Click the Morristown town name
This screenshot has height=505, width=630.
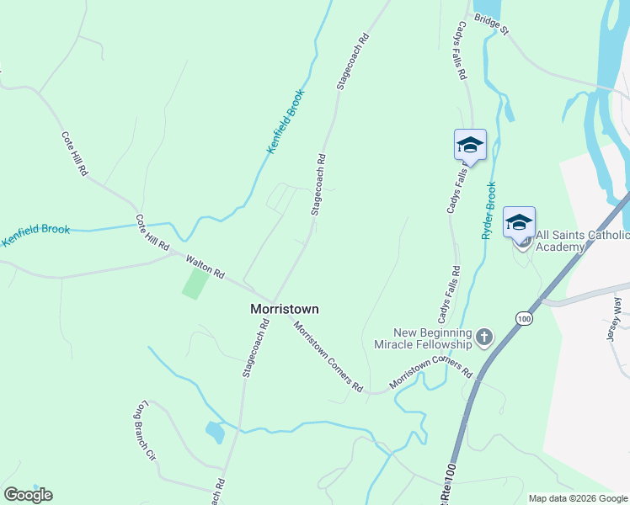pyautogui.click(x=285, y=309)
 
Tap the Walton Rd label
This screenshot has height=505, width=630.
pyautogui.click(x=206, y=268)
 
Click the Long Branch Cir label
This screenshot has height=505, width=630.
pyautogui.click(x=146, y=433)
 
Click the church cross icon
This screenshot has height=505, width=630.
pyautogui.click(x=483, y=338)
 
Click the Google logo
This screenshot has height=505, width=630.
pyautogui.click(x=28, y=495)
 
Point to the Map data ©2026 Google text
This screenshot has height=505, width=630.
pyautogui.click(x=579, y=498)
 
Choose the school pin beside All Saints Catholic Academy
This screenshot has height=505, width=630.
pyautogui.click(x=519, y=223)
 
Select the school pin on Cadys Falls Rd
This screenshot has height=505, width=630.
pyautogui.click(x=470, y=146)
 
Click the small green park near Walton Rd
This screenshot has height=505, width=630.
pyautogui.click(x=195, y=281)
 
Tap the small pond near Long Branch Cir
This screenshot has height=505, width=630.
pyautogui.click(x=214, y=432)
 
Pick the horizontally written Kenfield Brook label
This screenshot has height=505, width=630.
pyautogui.click(x=35, y=234)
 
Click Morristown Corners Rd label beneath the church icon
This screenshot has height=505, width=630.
pyautogui.click(x=431, y=373)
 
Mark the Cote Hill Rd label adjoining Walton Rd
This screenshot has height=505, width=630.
pyautogui.click(x=152, y=232)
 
